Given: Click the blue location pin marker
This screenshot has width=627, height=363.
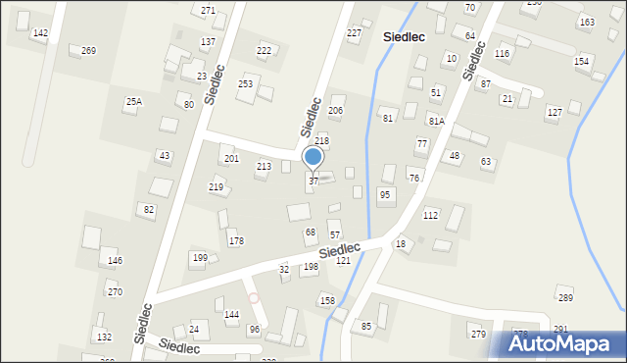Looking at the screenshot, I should [x=313, y=157].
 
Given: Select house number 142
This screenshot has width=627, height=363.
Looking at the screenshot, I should [x=40, y=33].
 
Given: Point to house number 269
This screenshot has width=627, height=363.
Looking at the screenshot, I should [x=88, y=50].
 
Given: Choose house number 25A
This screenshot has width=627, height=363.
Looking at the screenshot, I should [x=133, y=101].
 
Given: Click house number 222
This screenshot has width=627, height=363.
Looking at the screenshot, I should [x=264, y=50].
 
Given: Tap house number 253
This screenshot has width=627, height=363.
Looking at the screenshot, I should [x=245, y=84].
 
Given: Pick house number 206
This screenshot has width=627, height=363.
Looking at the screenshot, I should [x=335, y=111].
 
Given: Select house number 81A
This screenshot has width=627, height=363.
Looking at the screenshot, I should [x=436, y=121].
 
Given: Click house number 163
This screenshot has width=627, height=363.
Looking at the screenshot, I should [x=586, y=22].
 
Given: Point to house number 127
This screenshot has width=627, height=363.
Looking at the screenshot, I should [x=555, y=112].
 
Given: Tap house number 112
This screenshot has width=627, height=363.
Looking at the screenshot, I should [x=430, y=215].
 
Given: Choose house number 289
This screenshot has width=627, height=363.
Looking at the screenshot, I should [x=564, y=297].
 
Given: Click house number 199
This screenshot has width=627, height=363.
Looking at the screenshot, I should [x=199, y=258].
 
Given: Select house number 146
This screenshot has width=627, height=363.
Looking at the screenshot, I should [x=115, y=261].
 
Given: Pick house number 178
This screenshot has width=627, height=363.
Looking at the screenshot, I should [x=236, y=240].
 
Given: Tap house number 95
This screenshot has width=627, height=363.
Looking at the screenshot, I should [x=385, y=195].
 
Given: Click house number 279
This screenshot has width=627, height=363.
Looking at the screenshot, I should [x=478, y=335].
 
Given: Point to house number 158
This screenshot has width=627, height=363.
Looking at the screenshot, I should [x=327, y=300].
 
